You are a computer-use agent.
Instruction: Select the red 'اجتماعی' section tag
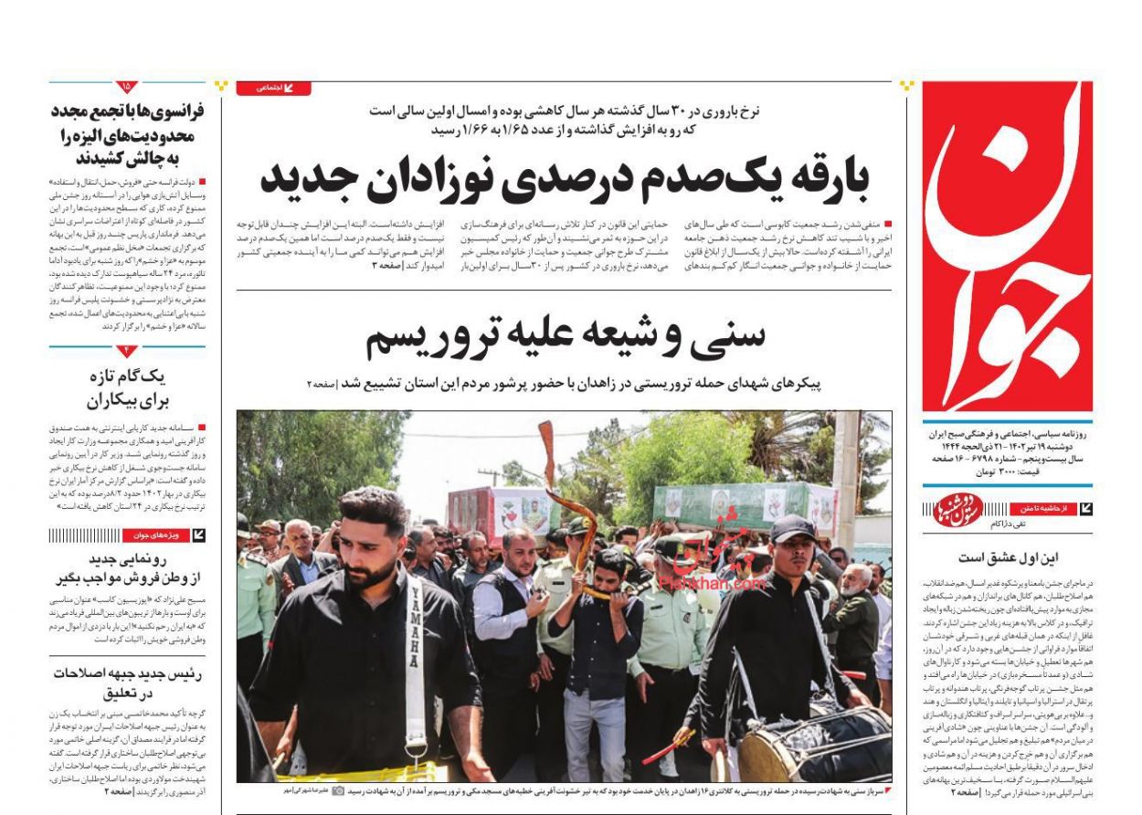click(x=273, y=89)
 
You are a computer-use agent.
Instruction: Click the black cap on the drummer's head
click(x=791, y=527)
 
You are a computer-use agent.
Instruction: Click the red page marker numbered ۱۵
click(x=127, y=88)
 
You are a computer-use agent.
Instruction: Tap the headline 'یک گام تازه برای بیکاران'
click(x=127, y=388)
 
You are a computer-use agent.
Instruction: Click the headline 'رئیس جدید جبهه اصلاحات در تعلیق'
click(x=127, y=683)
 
